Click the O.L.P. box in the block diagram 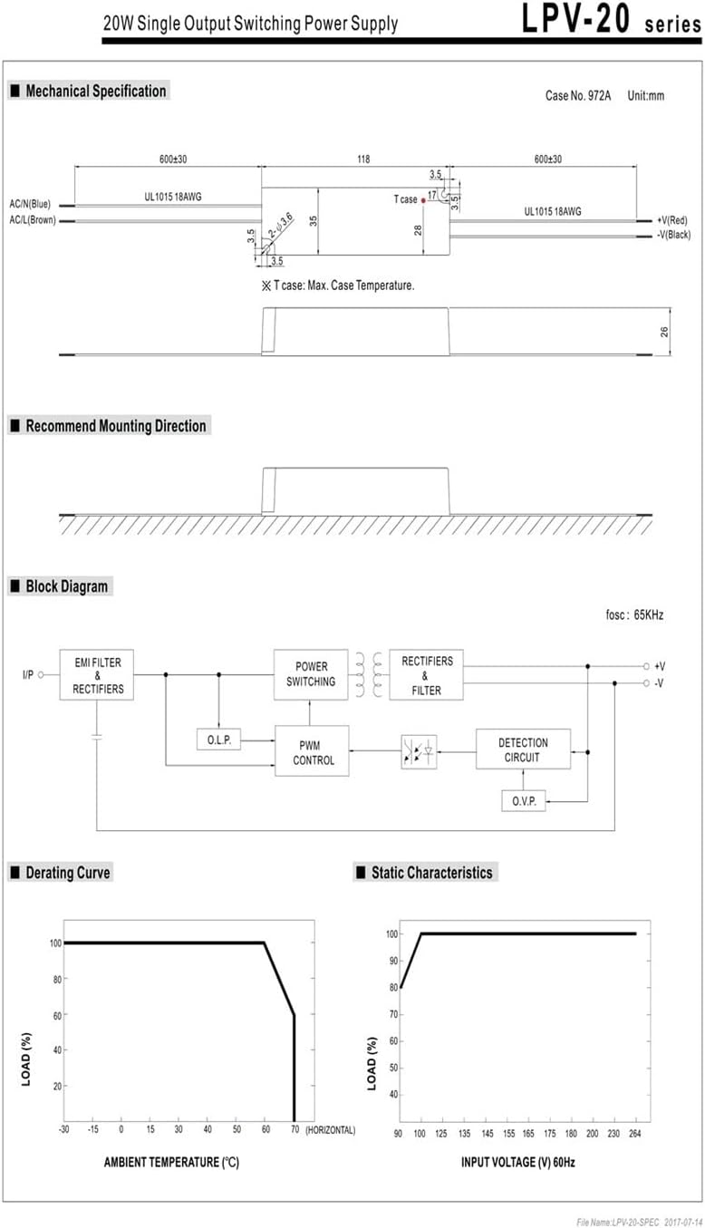click(218, 740)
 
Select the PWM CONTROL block click(312, 751)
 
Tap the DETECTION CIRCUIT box click(523, 749)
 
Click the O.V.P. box click(524, 801)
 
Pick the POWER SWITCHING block click(311, 674)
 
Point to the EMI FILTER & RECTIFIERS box click(96, 675)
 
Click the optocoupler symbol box click(419, 751)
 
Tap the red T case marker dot click(423, 200)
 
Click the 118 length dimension click(363, 159)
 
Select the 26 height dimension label click(664, 332)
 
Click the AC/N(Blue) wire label click(30, 204)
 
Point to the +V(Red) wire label click(672, 220)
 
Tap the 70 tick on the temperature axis click(295, 1129)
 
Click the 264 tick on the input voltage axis click(635, 1133)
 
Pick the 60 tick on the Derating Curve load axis click(57, 1015)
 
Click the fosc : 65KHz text click(634, 614)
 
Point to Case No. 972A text click(578, 96)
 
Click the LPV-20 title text click(575, 19)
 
